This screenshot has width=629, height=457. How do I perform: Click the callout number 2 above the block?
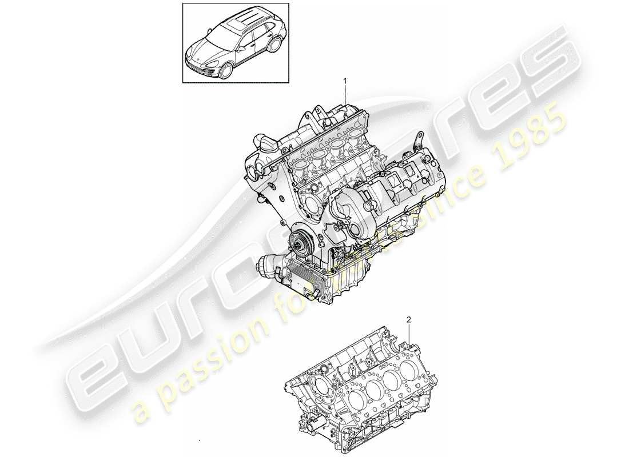coord(408,320)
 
